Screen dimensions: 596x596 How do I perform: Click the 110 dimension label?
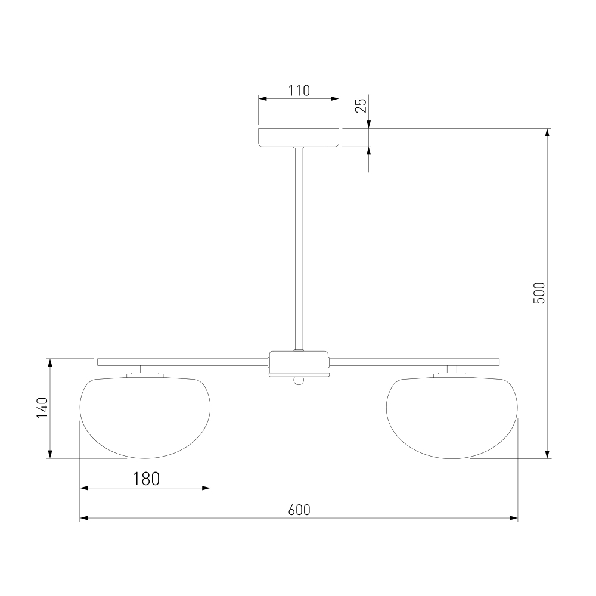pyautogui.click(x=299, y=91)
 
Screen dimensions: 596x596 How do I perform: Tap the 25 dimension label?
pyautogui.click(x=361, y=105)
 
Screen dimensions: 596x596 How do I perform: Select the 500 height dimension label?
pyautogui.click(x=539, y=293)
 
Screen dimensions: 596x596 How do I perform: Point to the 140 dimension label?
pyautogui.click(x=42, y=408)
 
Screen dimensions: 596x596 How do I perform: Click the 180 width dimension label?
pyautogui.click(x=146, y=479)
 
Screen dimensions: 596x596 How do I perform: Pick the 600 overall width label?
pyautogui.click(x=299, y=510)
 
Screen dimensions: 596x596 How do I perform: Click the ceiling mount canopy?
pyautogui.click(x=299, y=138)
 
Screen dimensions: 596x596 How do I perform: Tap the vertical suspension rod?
pyautogui.click(x=299, y=249)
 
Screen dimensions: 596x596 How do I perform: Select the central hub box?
pyautogui.click(x=299, y=364)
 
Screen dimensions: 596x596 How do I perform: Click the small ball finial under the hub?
pyautogui.click(x=299, y=380)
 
